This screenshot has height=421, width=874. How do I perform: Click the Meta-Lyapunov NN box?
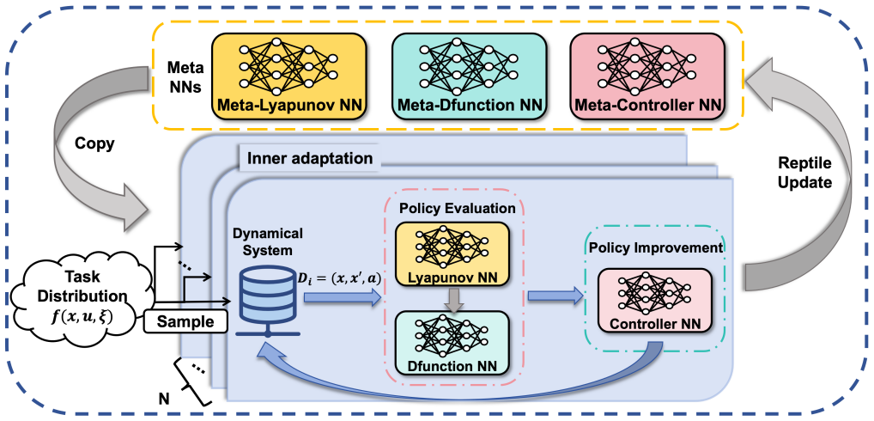[x=288, y=76]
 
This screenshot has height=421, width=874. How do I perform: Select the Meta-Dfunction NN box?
[x=469, y=76]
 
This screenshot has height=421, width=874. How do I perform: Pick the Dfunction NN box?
[x=452, y=343]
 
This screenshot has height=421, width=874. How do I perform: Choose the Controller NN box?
[x=654, y=300]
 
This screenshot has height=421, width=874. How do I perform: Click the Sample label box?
[x=186, y=322]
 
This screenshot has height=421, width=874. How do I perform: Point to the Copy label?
[x=94, y=143]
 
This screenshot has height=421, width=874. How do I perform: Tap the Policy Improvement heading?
[x=654, y=247]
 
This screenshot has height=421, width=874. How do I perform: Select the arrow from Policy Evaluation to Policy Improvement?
[x=554, y=298]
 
